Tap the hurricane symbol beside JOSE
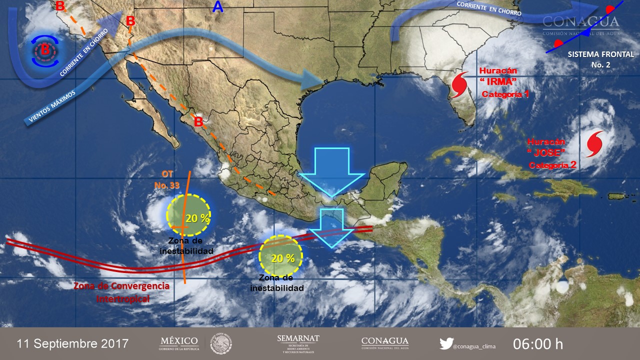595,142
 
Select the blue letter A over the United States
217,7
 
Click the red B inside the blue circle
45,49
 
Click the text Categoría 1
505,94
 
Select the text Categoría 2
552,165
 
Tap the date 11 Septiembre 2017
72,344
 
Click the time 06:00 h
538,344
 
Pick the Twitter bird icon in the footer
446,343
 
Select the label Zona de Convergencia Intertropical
121,292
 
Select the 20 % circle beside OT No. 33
188,214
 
